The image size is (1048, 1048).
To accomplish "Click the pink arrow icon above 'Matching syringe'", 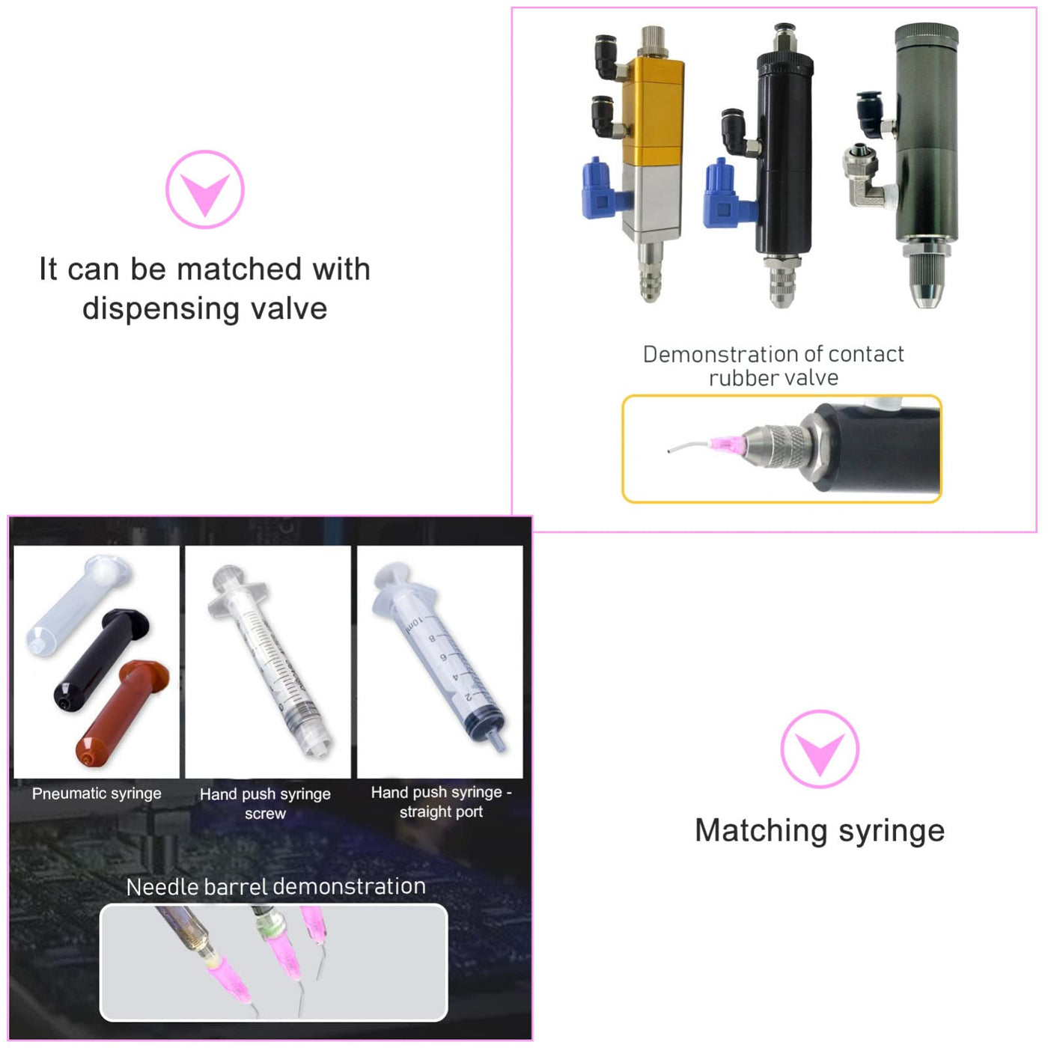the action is pos(820,749).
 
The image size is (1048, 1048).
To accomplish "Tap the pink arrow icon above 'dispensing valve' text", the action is pos(205,189).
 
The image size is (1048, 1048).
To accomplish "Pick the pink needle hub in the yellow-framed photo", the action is pos(727,443).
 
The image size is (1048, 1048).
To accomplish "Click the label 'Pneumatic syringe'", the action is pos(97,793).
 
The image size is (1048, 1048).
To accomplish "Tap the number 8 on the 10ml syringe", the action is pos(432,638).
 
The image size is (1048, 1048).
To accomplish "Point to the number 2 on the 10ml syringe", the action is pos(469,696).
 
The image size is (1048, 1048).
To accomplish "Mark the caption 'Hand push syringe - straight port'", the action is pos(441,802).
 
